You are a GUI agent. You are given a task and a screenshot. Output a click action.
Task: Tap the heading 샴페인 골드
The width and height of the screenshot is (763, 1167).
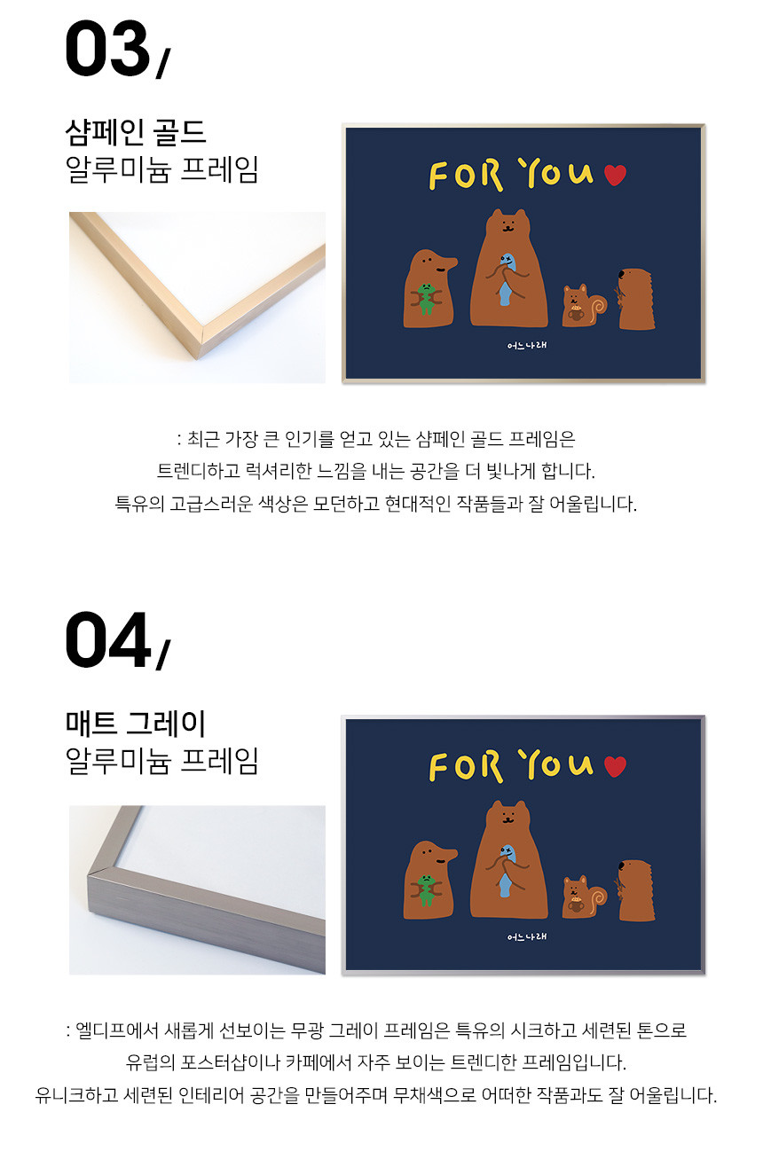[136, 132]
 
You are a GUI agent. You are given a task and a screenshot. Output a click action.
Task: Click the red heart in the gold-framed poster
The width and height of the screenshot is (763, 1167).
[615, 175]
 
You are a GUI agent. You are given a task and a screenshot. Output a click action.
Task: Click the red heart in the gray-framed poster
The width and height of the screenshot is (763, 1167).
[615, 766]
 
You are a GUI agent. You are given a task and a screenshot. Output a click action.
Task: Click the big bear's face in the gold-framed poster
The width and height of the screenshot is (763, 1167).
[507, 225]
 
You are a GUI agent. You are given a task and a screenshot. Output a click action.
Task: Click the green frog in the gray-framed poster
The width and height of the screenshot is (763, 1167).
[426, 889]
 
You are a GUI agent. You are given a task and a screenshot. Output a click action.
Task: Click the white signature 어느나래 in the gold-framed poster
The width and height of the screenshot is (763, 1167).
[526, 346]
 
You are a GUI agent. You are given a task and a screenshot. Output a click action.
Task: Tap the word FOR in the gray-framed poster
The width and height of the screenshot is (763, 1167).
[466, 766]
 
